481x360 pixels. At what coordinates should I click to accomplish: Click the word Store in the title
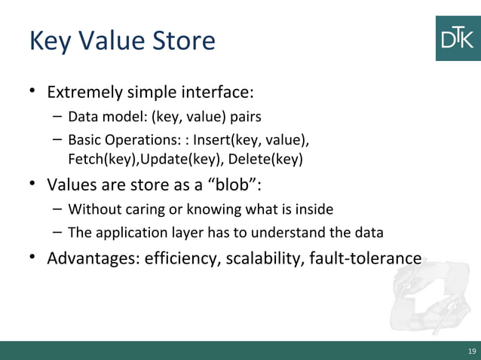pos(184,41)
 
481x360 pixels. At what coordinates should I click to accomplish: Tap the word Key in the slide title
pos(48,41)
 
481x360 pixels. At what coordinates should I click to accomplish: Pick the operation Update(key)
pos(178,159)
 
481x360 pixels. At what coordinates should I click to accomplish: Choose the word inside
pos(314,209)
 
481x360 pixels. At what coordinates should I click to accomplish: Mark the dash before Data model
pos(57,117)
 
